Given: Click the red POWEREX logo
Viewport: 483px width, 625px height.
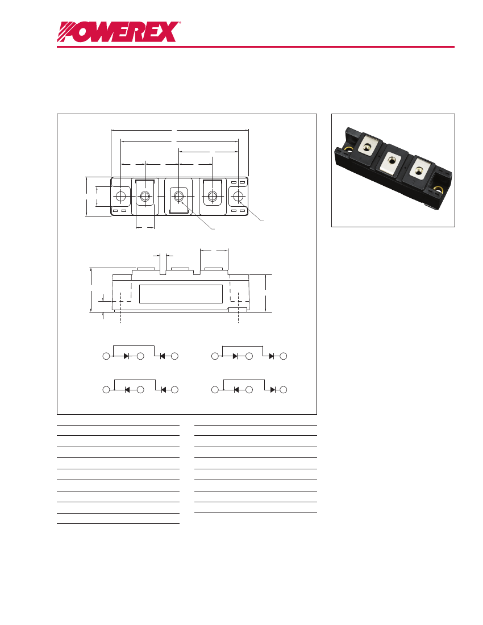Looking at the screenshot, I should tap(118, 32).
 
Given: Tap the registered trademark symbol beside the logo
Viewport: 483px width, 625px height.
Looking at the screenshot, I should tap(180, 23).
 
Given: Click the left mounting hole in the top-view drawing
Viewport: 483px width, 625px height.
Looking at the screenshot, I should tap(120, 197).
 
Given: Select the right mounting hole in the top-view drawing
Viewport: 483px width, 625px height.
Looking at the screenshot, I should tap(238, 197).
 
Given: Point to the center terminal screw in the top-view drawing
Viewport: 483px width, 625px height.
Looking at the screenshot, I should tap(179, 197).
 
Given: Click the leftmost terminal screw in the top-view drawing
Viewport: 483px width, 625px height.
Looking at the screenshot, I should tap(145, 197).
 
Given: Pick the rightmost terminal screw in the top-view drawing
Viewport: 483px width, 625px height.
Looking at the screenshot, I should tap(213, 197).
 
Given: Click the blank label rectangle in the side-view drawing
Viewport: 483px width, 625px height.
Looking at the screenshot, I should tap(181, 294).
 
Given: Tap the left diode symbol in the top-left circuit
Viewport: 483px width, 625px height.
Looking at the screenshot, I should tap(126, 356).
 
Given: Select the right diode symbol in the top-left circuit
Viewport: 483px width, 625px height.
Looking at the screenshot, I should tap(162, 356).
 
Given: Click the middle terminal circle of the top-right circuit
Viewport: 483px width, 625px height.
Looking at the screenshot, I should tap(249, 356).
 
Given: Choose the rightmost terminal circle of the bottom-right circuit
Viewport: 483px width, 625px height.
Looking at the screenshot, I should tap(284, 390).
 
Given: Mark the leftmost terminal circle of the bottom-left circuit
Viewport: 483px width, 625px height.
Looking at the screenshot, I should tap(106, 390).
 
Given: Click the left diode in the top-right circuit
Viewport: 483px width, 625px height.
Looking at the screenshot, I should tap(235, 356).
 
